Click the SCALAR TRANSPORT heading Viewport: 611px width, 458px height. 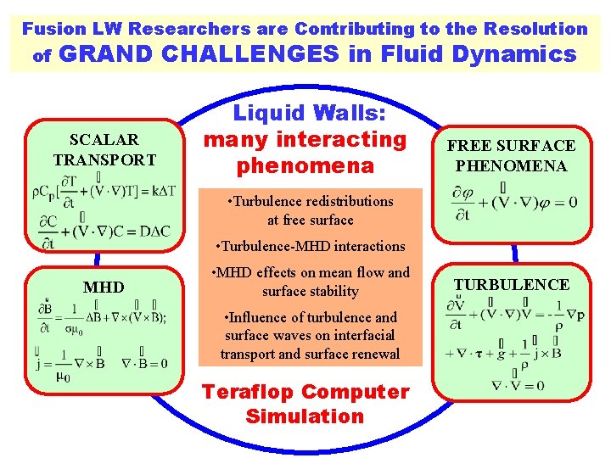104,149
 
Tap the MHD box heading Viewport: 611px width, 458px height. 104,288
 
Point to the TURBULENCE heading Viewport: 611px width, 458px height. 511,284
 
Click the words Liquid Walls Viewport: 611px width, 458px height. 305,114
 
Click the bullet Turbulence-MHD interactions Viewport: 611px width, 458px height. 311,246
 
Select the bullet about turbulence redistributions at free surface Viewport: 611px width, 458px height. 311,210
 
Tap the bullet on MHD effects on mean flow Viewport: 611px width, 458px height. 311,282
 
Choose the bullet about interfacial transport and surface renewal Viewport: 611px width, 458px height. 310,335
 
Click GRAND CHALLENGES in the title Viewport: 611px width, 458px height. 202,54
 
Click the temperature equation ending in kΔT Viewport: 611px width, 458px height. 104,193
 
